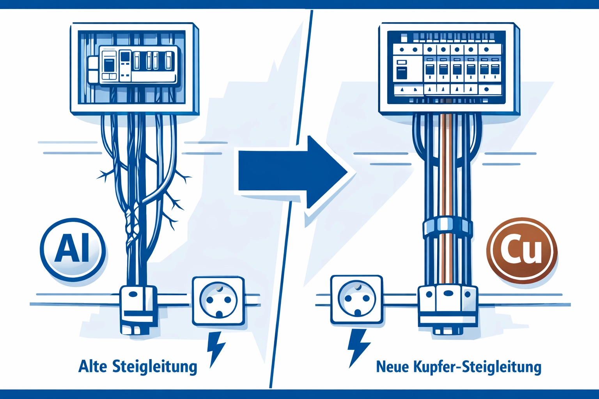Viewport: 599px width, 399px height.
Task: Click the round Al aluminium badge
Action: [73, 249]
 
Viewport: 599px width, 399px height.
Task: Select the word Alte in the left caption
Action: [92, 367]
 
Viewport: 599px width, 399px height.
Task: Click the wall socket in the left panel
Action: [218, 301]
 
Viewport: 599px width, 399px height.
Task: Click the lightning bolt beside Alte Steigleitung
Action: [215, 348]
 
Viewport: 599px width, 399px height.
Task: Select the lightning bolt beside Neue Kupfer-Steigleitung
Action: [358, 347]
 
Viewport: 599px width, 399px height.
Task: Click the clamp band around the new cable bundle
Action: [447, 228]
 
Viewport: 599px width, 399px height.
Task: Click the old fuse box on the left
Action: [134, 68]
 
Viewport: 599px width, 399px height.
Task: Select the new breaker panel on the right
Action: [448, 68]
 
